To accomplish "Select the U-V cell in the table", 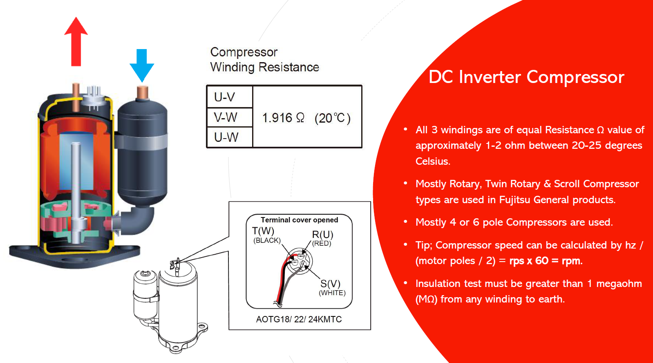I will click(x=225, y=97).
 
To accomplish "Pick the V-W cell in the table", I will click(x=226, y=118).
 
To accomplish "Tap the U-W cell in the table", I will click(x=226, y=137).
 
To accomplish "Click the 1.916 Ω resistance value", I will click(x=283, y=118).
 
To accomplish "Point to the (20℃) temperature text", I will click(x=333, y=118).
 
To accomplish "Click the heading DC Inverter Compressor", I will click(x=526, y=77).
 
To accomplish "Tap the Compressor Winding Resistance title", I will click(x=264, y=60).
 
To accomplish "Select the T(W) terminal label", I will click(x=263, y=231).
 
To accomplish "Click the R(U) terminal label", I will click(x=323, y=235).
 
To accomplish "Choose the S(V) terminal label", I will click(x=330, y=284).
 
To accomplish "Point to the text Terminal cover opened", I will click(x=300, y=220).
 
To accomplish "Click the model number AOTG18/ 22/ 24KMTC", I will click(x=299, y=319).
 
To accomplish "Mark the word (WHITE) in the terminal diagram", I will click(x=332, y=293).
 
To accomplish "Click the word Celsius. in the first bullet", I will click(x=433, y=161).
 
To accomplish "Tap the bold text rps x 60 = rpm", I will click(x=546, y=261).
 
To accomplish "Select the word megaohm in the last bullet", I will click(x=619, y=284).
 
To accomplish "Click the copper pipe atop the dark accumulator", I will click(x=142, y=92).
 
